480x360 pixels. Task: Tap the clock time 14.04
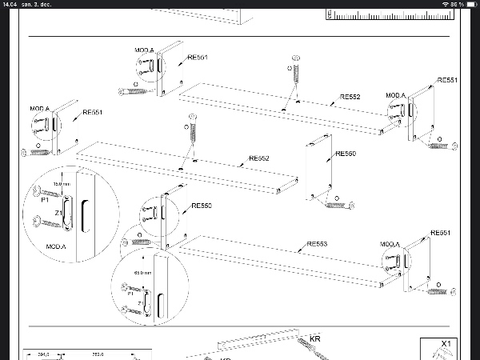10,5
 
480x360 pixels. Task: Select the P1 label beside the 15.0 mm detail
45,201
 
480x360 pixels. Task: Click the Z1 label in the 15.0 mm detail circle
58,214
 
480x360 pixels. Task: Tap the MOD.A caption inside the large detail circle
56,246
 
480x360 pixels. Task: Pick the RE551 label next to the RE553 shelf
441,233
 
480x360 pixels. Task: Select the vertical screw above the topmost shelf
297,73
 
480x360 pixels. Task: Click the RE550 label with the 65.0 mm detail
202,206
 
